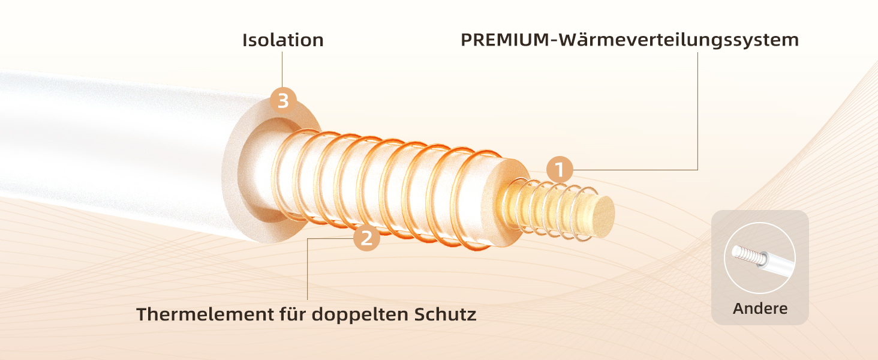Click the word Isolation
[282, 40]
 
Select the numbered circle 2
[366, 238]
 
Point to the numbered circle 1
[560, 170]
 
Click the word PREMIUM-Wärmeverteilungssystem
[630, 40]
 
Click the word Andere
[760, 309]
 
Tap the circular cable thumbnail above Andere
[760, 258]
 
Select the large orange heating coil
[384, 189]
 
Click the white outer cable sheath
[108, 150]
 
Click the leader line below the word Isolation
[282, 69]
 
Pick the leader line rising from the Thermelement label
[308, 270]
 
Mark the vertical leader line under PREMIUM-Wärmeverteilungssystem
[698, 108]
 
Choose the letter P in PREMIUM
[466, 40]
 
